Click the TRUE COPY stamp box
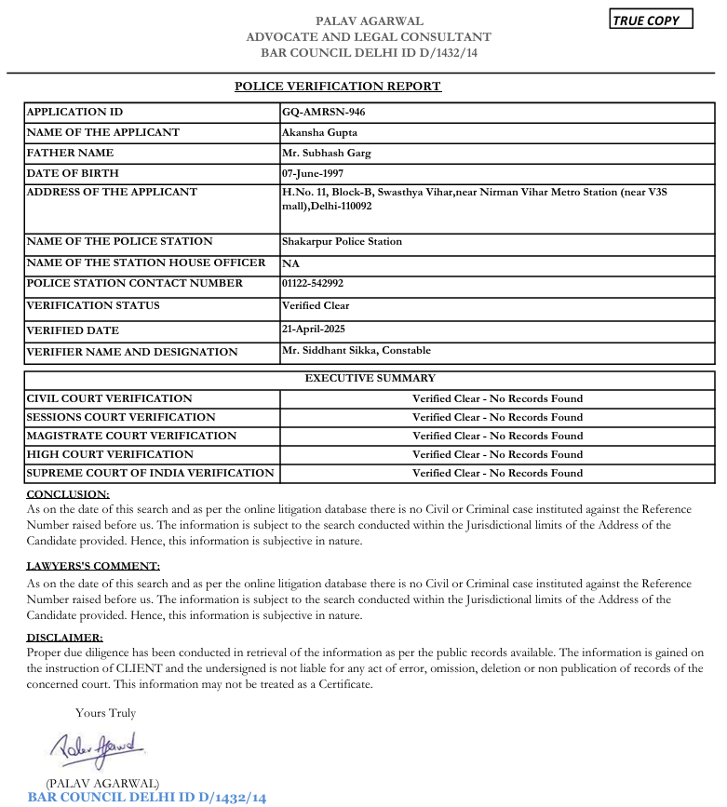click(x=651, y=20)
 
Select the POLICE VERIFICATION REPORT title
click(x=337, y=87)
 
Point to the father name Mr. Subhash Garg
click(x=327, y=153)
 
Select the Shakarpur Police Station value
click(x=342, y=241)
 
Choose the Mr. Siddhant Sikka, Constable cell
click(x=357, y=351)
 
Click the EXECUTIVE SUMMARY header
click(x=370, y=378)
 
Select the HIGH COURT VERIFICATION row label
click(x=110, y=454)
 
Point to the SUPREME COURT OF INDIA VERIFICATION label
click(x=150, y=473)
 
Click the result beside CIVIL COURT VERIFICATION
click(x=497, y=398)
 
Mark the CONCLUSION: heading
click(x=68, y=494)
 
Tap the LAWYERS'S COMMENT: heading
click(x=93, y=566)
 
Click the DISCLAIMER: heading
click(x=64, y=638)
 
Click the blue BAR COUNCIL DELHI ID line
click(x=147, y=798)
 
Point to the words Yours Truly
click(x=105, y=713)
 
